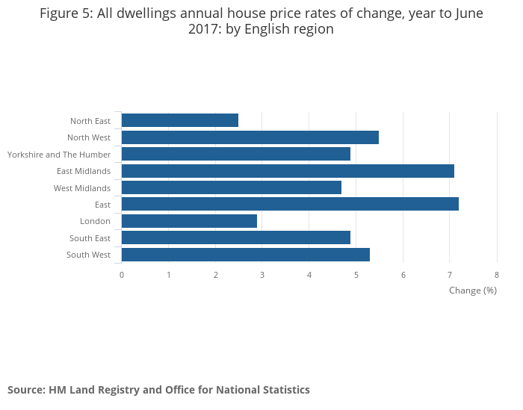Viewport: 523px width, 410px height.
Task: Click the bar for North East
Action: pos(179,120)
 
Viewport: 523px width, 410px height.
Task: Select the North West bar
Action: pos(250,137)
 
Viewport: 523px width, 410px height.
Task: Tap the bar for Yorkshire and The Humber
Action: pos(235,154)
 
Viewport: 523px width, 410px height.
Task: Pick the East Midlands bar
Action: pos(288,171)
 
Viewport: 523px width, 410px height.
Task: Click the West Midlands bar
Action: pos(231,187)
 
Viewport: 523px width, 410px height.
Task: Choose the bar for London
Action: pos(189,221)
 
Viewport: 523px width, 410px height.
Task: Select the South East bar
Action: pos(235,237)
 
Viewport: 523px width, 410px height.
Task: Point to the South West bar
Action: pos(245,255)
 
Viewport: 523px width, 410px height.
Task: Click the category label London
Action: pos(95,221)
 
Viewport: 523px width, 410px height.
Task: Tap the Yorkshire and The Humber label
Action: pos(59,155)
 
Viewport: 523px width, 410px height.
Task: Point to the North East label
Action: pos(90,121)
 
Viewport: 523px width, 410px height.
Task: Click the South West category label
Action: pos(88,255)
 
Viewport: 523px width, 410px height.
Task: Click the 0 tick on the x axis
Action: pos(122,275)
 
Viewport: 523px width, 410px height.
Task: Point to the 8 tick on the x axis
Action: pos(497,275)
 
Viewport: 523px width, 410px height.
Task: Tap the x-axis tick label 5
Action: pos(356,275)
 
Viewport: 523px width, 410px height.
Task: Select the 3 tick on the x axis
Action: pos(262,275)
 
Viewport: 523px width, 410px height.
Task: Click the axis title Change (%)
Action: pos(473,290)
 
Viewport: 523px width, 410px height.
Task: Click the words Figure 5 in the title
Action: pos(66,13)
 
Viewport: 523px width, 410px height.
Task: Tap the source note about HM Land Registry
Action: pos(158,390)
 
